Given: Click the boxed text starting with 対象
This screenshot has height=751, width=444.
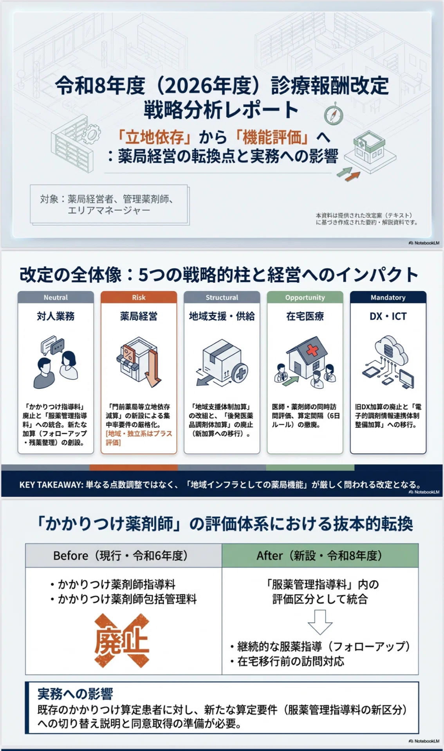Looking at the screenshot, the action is [x=109, y=205].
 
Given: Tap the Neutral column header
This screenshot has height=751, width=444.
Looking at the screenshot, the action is [x=56, y=297].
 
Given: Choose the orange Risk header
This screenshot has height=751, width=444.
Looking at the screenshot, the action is [x=139, y=297].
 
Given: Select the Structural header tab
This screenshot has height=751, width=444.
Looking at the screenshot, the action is [x=222, y=297].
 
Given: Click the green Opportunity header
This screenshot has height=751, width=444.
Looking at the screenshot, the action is [x=305, y=297].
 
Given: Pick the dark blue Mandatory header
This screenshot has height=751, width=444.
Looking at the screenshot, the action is [x=388, y=297].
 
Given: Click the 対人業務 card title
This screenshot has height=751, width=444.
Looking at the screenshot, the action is [x=56, y=316].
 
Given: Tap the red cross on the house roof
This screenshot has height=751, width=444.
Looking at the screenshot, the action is [x=312, y=349].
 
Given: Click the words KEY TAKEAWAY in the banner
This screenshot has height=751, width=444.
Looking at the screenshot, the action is [x=51, y=485].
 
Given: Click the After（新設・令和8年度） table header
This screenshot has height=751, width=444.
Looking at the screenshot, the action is [x=320, y=555].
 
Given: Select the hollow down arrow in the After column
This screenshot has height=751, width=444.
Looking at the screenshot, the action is [x=320, y=622].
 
